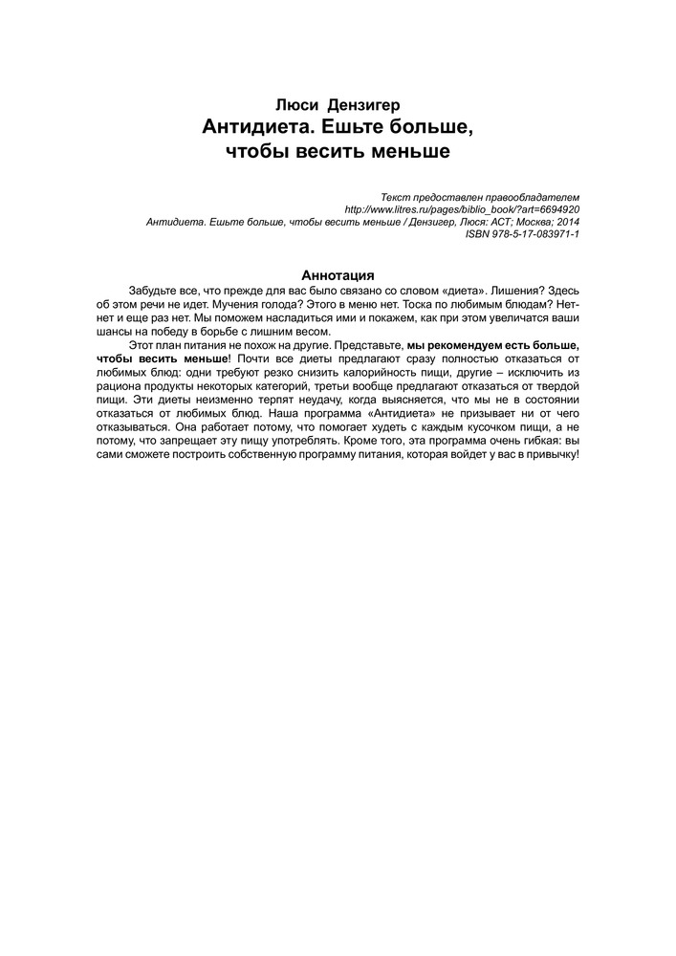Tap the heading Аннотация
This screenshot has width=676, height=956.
point(338,274)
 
